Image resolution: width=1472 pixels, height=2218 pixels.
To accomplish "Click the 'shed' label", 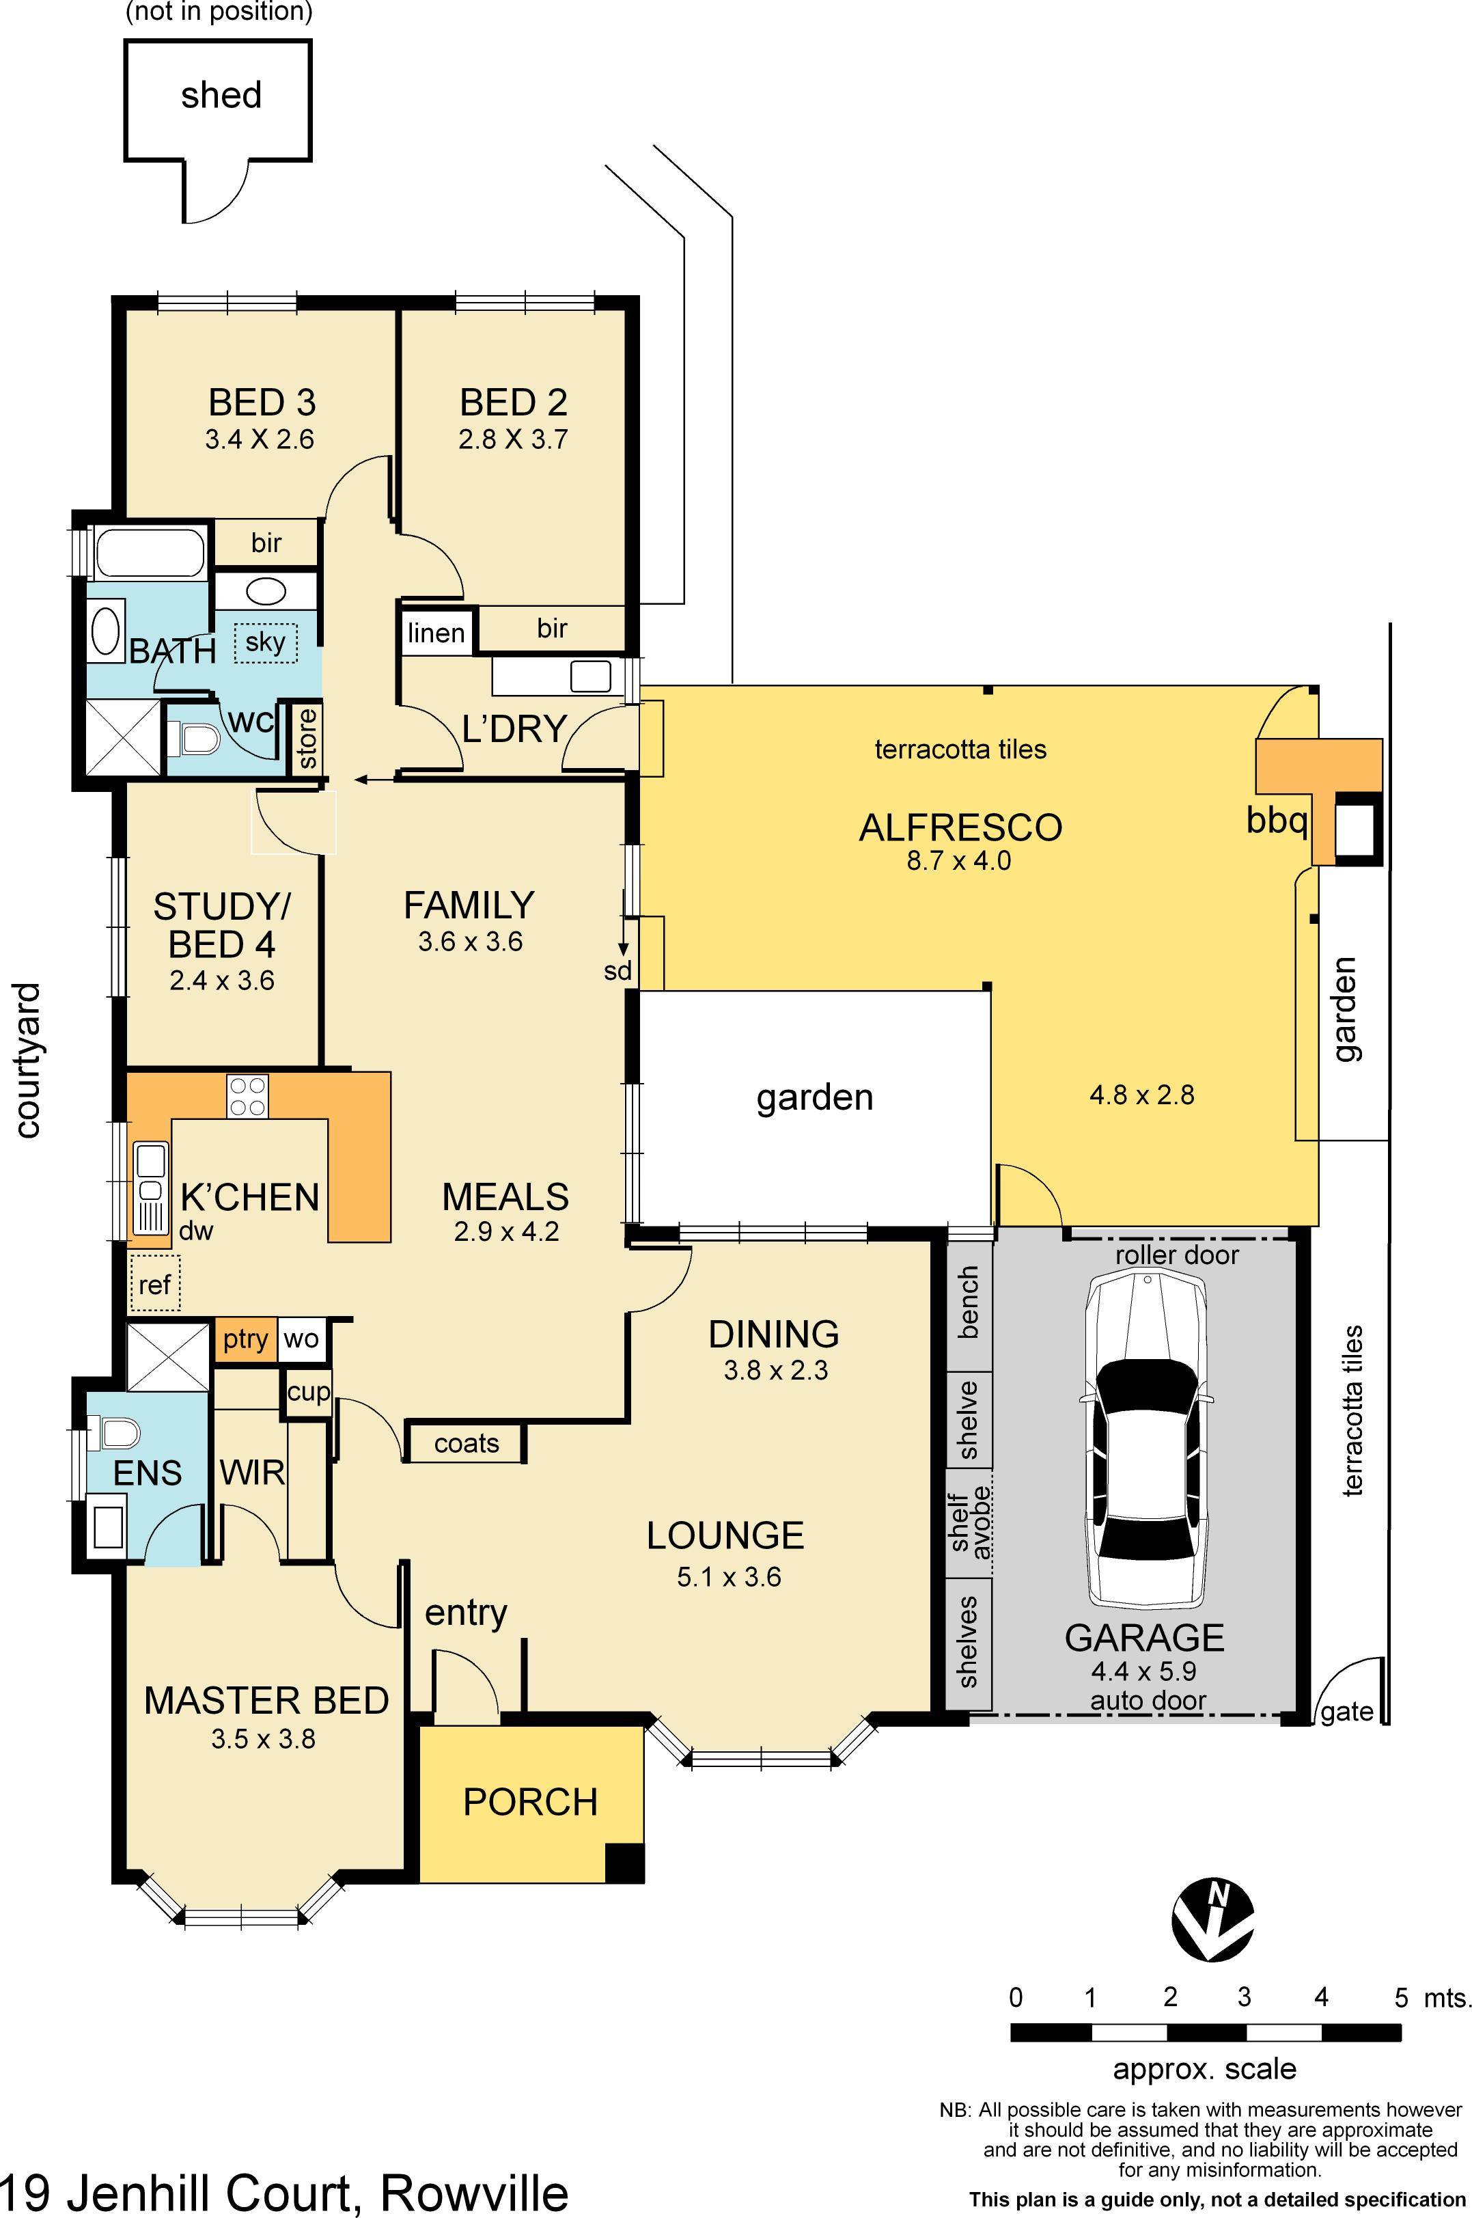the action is coord(221,95).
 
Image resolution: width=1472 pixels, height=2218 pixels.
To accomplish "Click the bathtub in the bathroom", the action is coord(150,552).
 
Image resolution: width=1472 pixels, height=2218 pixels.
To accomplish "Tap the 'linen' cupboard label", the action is coord(436,633).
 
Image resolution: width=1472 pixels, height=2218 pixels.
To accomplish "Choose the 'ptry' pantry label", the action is coord(246,1339).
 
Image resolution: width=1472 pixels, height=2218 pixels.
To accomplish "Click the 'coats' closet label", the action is coord(467,1443).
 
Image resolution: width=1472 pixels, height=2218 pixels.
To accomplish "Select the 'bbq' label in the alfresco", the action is coord(1277,820).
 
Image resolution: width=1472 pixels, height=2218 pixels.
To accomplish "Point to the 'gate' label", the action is coord(1347,1712).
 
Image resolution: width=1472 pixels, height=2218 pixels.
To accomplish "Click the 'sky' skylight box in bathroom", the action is coord(266,642).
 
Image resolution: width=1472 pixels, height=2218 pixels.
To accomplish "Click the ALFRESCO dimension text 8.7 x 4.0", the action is coord(958,860).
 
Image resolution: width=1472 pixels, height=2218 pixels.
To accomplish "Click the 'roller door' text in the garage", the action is coord(1177,1255).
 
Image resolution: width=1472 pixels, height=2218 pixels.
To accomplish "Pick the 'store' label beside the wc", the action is coord(307,739).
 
